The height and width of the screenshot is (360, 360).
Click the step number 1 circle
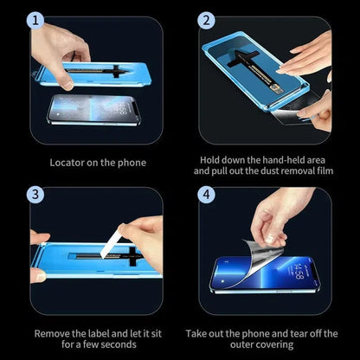35,19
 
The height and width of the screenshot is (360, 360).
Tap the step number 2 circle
207,19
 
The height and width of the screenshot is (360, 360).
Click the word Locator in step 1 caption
67,163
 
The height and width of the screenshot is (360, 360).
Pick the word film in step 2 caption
324,171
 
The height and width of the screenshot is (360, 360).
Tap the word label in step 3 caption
98,332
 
